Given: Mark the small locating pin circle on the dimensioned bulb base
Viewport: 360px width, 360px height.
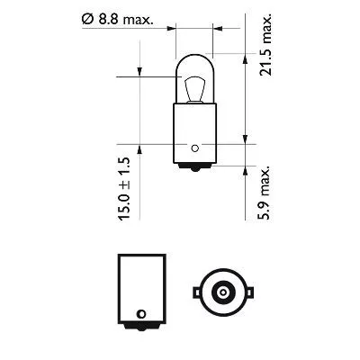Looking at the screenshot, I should (x=194, y=147).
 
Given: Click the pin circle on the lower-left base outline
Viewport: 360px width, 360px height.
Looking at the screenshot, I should (x=140, y=312).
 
